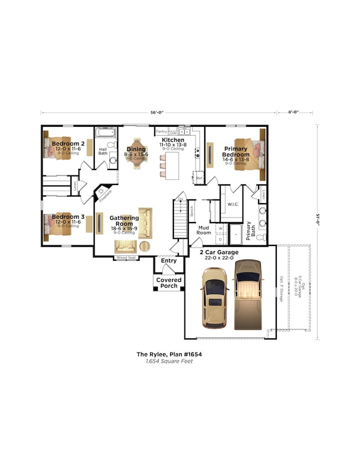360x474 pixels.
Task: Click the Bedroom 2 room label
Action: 68,143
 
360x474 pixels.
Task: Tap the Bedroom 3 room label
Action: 68,217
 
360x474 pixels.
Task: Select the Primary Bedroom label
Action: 236,152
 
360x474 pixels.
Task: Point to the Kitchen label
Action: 173,141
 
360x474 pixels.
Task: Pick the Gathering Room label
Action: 120,221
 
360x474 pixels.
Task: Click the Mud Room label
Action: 204,230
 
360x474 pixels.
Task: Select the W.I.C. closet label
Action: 233,204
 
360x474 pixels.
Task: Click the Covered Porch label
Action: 168,282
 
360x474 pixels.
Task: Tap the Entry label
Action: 168,260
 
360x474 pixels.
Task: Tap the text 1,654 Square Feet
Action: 164,361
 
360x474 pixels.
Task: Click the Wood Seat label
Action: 126,257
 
